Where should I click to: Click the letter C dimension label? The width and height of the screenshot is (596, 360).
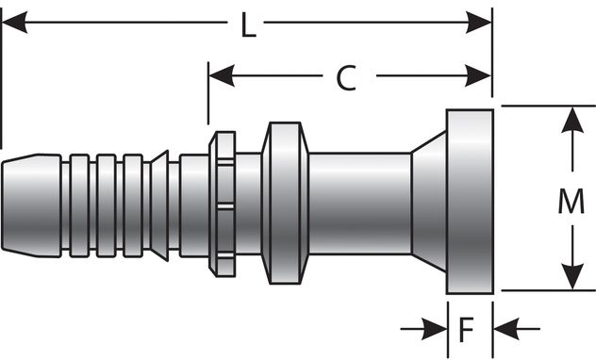(347, 79)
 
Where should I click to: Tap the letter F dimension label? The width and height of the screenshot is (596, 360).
(466, 330)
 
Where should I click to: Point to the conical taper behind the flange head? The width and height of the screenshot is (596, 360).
(429, 200)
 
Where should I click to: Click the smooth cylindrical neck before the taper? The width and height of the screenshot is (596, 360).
(358, 200)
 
